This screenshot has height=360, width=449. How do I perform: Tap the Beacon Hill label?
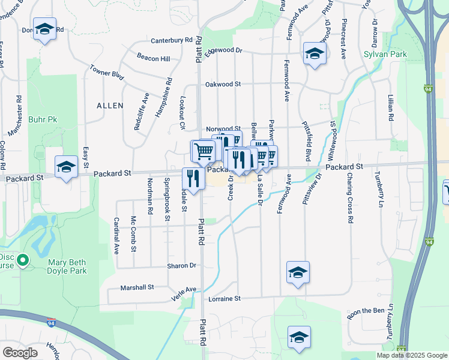[x=153, y=58]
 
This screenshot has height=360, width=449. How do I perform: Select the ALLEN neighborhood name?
[x=110, y=106]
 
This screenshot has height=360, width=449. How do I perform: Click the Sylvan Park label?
[x=385, y=54]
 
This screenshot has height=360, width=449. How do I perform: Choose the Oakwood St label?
[x=223, y=85]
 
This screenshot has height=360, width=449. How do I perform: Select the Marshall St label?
[x=137, y=287]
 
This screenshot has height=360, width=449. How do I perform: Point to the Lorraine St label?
[x=224, y=298]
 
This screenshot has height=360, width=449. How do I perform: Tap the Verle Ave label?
[x=184, y=290]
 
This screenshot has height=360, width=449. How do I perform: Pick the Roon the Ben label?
[x=366, y=311]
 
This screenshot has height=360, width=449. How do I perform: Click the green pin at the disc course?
[x=23, y=260]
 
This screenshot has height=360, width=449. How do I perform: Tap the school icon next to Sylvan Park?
[x=314, y=54]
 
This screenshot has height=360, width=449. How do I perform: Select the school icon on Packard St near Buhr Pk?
[x=66, y=167]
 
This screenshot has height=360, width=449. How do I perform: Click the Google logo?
[x=20, y=352]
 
